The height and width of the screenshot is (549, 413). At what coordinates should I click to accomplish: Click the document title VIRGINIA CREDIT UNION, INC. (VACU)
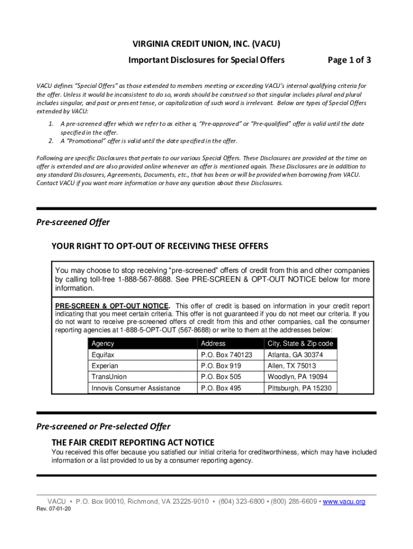[206, 44]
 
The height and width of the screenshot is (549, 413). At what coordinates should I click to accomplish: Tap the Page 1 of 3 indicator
[349, 60]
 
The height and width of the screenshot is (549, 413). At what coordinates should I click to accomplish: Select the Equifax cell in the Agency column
[103, 355]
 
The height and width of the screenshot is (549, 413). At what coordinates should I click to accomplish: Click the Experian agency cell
[105, 366]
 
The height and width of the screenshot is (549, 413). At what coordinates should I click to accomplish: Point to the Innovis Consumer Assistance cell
[136, 388]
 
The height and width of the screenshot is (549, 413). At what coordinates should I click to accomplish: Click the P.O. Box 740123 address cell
[226, 355]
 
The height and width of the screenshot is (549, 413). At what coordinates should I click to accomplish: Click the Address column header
[213, 343]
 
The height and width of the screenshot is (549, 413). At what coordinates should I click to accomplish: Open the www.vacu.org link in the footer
[344, 502]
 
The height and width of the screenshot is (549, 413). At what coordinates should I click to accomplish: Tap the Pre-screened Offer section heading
[73, 222]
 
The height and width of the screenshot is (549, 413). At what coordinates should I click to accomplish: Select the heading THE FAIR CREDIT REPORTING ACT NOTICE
[132, 442]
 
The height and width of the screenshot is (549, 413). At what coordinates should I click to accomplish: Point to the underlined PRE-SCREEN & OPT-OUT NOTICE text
[112, 306]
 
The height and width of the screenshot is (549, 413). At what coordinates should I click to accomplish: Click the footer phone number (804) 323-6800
[241, 502]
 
